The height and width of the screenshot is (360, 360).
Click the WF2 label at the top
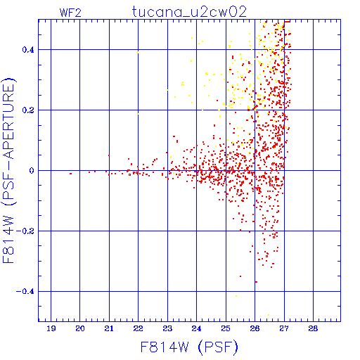(70, 13)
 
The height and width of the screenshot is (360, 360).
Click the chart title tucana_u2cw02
(189, 12)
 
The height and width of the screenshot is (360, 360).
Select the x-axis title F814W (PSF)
(189, 347)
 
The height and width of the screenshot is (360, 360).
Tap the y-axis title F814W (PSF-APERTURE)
(8, 170)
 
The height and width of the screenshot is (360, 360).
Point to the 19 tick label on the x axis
(51, 328)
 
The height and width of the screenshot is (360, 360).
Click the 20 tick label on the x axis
(80, 328)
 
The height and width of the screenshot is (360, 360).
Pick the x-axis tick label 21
(109, 328)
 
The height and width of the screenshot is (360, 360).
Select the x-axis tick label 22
(138, 328)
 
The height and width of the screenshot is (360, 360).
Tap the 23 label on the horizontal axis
(167, 328)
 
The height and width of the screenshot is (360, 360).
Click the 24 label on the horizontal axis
(196, 328)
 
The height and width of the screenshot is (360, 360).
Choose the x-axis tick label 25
(226, 328)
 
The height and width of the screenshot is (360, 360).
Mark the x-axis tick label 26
(255, 328)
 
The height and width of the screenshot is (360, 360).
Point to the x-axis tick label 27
(284, 328)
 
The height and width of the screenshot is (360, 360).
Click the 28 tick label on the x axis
(313, 328)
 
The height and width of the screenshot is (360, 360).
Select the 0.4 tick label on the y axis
(28, 50)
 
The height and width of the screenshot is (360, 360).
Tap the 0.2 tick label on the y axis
(28, 110)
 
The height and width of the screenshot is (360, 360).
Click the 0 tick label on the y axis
(32, 171)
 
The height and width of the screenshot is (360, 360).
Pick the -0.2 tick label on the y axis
(25, 231)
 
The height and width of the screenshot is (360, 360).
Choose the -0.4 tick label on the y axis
(25, 292)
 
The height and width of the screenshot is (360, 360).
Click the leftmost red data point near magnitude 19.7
(70, 174)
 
